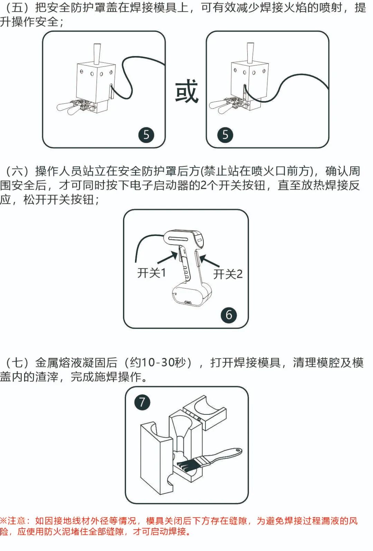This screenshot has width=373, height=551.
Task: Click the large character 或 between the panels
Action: [186, 91]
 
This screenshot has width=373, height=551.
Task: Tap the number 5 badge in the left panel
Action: [146, 135]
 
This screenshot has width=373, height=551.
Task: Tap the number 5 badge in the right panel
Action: [225, 135]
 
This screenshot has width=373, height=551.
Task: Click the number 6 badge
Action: [229, 315]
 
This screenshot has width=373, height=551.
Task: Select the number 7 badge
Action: [142, 402]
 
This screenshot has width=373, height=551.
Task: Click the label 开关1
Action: [152, 273]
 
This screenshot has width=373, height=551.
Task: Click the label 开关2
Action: [228, 274]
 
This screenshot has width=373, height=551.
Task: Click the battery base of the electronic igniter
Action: [192, 294]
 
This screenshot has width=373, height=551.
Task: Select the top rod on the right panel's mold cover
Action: [250, 53]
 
